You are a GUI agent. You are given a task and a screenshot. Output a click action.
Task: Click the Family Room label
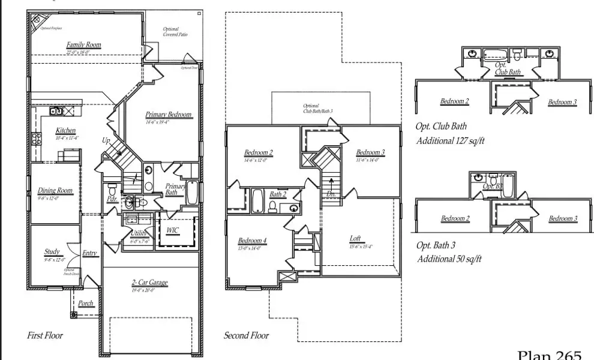tap(83, 45)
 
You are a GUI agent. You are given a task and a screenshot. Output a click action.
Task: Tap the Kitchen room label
tap(66, 131)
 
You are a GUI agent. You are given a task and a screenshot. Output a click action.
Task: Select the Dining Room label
tap(55, 191)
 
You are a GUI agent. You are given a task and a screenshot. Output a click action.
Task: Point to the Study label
tap(52, 252)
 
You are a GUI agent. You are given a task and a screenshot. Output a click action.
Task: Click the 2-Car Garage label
tap(149, 283)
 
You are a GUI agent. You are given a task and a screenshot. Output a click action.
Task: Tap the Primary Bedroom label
tap(169, 115)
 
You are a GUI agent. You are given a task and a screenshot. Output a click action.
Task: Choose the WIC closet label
tap(173, 230)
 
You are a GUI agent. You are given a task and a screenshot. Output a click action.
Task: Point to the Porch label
tap(86, 304)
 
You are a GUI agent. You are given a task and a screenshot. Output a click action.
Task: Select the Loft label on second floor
tap(355, 238)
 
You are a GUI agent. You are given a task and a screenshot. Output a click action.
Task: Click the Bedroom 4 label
tap(252, 241)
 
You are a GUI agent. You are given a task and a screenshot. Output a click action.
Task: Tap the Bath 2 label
tap(277, 194)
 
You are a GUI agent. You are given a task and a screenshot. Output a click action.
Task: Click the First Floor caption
tap(45, 335)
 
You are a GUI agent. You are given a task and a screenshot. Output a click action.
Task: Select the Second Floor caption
tap(246, 335)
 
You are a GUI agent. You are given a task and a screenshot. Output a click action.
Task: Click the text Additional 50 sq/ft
tap(449, 259)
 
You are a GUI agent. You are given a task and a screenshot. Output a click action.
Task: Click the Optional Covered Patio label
tap(175, 32)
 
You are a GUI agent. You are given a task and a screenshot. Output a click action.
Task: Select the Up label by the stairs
tap(106, 141)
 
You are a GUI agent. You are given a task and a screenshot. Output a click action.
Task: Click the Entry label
tap(89, 253)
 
